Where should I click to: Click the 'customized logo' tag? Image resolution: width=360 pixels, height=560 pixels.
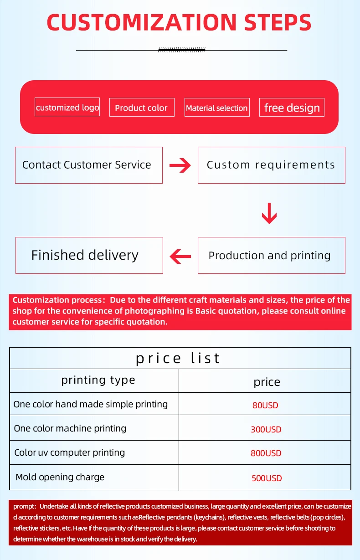click(x=67, y=108)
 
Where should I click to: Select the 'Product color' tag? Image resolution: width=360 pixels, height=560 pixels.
click(x=141, y=108)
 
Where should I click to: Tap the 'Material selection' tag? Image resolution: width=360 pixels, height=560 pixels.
click(x=217, y=108)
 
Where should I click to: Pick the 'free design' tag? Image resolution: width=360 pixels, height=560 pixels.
click(x=292, y=108)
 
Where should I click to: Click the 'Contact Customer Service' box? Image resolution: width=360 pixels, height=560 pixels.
click(x=88, y=165)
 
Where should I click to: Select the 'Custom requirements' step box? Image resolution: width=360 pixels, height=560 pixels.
click(x=271, y=165)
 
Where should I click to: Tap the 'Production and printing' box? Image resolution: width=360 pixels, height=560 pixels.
click(x=271, y=256)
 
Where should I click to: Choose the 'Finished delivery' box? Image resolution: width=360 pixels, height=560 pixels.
click(x=89, y=255)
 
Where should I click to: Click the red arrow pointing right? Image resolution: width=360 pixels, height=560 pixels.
click(x=180, y=165)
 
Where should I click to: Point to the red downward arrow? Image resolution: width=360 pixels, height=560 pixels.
click(x=269, y=213)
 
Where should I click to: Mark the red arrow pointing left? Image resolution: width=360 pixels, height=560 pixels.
click(x=180, y=256)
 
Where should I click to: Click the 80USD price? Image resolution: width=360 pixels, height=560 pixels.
click(x=265, y=405)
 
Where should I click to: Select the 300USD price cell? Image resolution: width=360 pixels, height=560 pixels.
click(x=266, y=429)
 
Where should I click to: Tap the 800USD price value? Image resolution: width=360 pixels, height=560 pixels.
click(x=266, y=453)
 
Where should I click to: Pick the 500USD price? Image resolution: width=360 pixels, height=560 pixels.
click(x=267, y=478)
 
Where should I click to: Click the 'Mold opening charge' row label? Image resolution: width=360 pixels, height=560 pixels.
click(x=60, y=477)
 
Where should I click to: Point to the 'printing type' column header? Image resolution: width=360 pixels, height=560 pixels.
click(x=98, y=380)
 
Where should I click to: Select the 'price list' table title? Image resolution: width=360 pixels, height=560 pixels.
click(x=178, y=358)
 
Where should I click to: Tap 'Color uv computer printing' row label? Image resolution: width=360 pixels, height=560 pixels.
click(x=69, y=452)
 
